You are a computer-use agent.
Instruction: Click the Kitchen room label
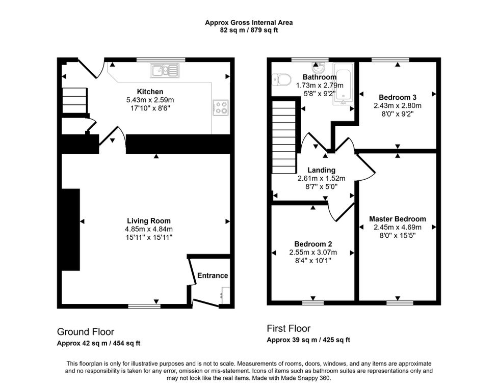(x=150, y=92)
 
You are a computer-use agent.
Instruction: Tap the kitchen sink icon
(x=165, y=70)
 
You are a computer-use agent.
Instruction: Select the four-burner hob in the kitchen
(x=220, y=107)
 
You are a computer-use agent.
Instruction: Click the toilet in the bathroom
(x=281, y=79)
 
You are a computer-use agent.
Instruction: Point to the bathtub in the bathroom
(x=343, y=83)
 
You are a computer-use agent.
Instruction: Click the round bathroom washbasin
(x=318, y=68)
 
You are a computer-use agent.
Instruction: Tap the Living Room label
(x=149, y=221)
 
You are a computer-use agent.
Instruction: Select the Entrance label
(x=213, y=275)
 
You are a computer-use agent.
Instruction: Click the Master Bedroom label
(x=397, y=219)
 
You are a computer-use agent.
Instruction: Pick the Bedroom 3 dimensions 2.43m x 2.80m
(x=397, y=105)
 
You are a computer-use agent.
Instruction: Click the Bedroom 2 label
(x=313, y=244)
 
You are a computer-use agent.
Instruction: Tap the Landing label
(x=321, y=170)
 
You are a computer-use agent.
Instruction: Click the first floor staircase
(x=284, y=137)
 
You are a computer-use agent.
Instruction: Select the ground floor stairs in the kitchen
(x=74, y=100)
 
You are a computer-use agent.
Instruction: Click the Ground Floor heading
(x=86, y=332)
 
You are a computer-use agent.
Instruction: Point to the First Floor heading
(x=289, y=328)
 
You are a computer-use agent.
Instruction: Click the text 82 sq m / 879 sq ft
(x=249, y=31)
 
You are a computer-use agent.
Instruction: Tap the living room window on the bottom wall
(x=144, y=306)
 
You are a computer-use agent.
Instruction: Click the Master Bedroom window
(x=400, y=303)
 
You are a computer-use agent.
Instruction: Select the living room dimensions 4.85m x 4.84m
(x=149, y=229)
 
